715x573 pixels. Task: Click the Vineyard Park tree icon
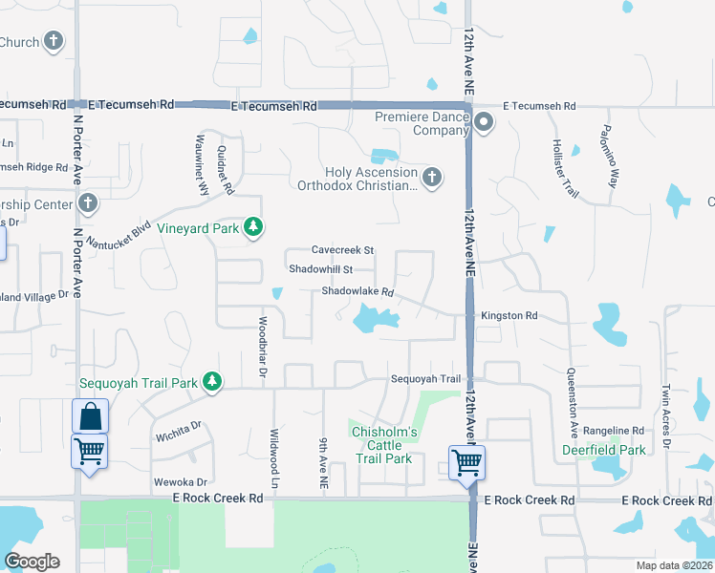[x=253, y=227]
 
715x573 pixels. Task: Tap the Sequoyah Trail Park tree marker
[x=211, y=383]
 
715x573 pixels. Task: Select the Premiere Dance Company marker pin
[x=484, y=121]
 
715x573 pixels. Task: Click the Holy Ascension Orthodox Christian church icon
[x=432, y=177]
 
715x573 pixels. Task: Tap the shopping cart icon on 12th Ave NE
[x=466, y=462]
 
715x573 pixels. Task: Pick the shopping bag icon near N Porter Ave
[x=90, y=415]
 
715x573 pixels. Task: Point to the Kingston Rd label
[x=509, y=315]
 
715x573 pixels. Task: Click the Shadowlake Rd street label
[x=357, y=291]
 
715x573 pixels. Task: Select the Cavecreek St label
[x=342, y=250]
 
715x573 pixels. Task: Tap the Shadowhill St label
[x=321, y=269]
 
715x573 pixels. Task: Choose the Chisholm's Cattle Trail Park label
[x=384, y=446]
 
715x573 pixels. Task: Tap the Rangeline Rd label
[x=613, y=431]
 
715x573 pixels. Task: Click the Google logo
[x=32, y=562]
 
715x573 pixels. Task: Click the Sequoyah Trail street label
[x=425, y=379]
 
